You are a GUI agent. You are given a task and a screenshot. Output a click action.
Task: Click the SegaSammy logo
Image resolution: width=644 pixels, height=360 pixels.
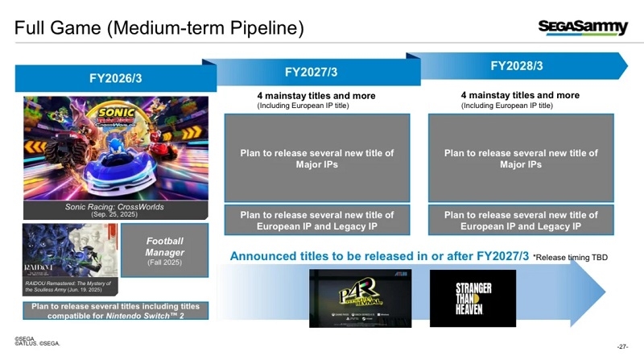(583, 28)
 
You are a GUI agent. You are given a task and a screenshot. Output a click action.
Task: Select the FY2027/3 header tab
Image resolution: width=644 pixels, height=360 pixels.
(311, 72)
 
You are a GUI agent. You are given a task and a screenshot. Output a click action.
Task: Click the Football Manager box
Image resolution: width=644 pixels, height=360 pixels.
(165, 251)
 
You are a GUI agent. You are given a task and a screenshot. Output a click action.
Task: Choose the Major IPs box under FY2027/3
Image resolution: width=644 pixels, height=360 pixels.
(316, 158)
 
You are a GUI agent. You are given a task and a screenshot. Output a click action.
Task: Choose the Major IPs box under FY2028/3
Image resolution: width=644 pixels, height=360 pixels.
(521, 158)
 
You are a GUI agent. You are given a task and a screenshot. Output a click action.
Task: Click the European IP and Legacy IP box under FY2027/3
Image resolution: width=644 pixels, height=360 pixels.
(316, 220)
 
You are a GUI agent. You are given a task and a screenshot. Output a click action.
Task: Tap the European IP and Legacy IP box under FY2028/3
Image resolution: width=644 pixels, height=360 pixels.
(521, 220)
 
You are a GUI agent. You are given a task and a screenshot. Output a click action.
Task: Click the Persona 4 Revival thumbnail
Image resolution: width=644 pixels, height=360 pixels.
(360, 297)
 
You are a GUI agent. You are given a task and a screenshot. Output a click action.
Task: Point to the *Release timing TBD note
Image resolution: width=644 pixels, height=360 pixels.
(571, 257)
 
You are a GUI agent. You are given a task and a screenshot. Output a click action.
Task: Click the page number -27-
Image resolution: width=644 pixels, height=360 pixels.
(621, 346)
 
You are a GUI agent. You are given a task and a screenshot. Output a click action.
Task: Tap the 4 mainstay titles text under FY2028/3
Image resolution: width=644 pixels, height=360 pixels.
(520, 95)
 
